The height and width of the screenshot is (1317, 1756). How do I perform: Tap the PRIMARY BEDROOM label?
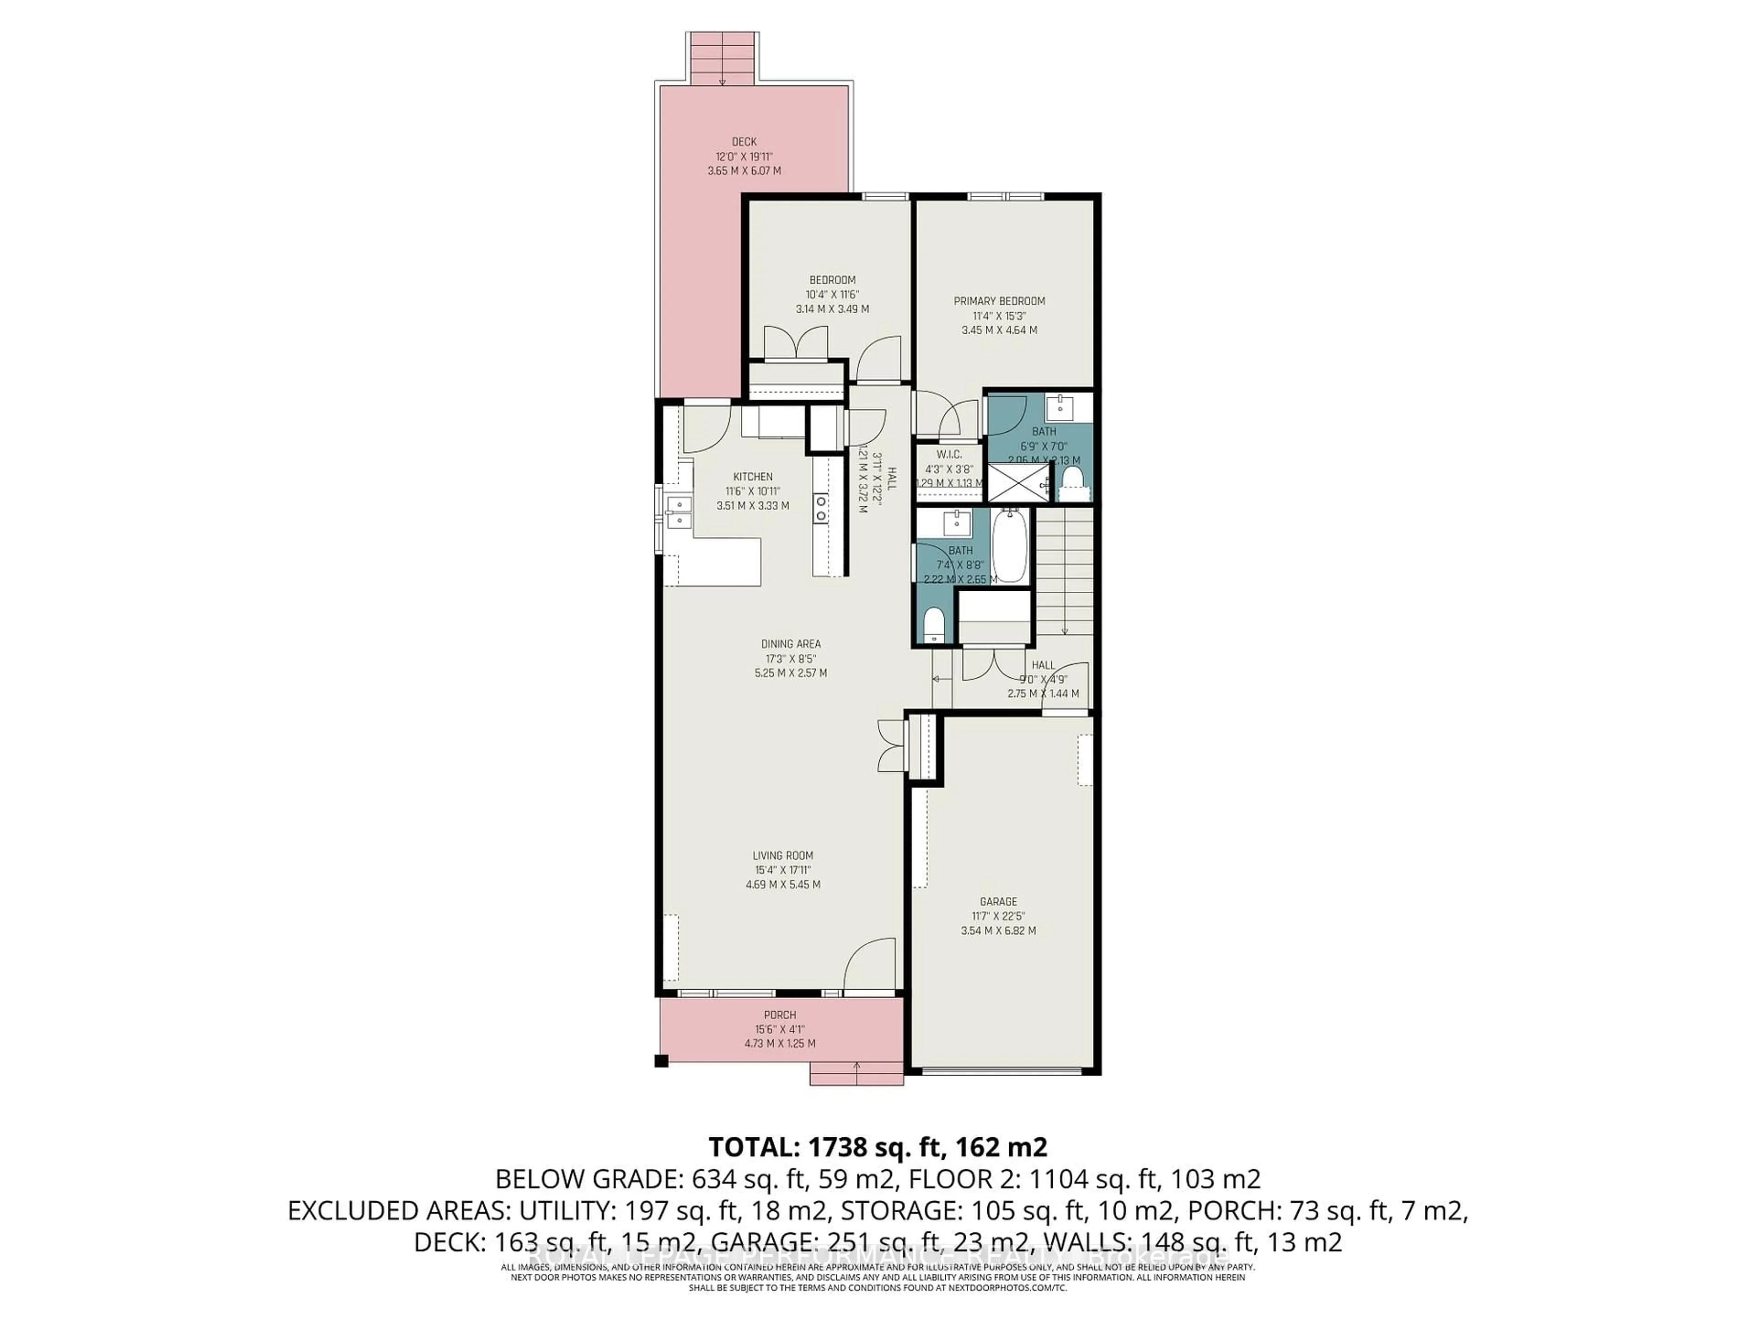coord(999,301)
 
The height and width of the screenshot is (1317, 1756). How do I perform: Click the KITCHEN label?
coord(753,477)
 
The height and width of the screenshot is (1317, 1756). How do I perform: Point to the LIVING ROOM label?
coord(783,856)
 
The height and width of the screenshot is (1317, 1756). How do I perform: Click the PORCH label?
coord(780,1015)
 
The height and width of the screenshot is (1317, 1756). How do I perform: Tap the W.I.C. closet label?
coord(949,454)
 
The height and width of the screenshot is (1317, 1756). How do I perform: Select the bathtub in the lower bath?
coord(1010,546)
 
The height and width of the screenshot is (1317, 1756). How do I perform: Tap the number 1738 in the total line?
coord(843,1147)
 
